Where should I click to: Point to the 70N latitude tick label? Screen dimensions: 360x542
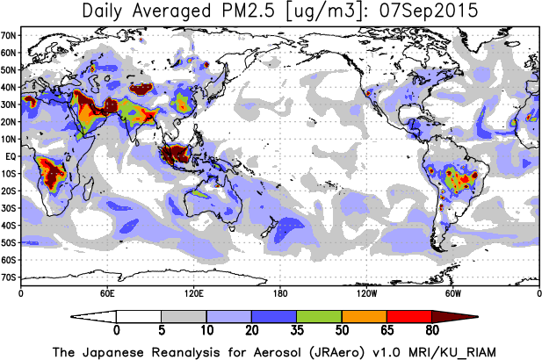click(9, 35)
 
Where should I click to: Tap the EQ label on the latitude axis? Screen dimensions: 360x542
click(11, 156)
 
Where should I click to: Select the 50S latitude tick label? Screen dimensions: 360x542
click(9, 242)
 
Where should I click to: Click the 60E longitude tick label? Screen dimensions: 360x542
click(107, 292)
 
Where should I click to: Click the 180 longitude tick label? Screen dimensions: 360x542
click(279, 292)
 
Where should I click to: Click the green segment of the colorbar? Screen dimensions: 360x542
click(319, 316)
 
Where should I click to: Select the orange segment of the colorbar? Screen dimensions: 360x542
click(364, 316)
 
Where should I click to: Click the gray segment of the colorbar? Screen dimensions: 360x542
click(184, 316)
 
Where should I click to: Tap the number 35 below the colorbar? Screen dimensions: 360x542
click(297, 331)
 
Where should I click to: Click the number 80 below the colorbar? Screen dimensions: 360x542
click(431, 331)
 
